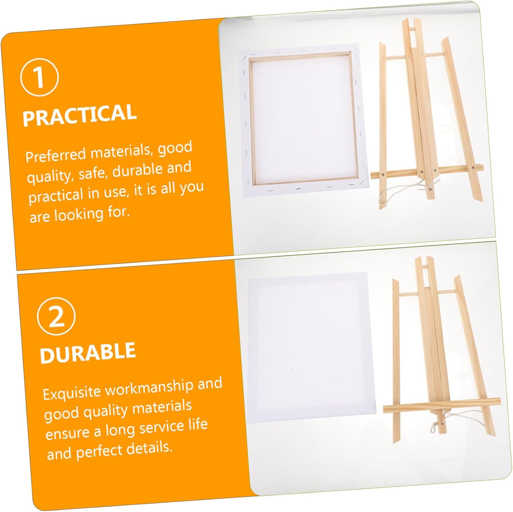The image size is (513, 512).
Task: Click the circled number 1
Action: pos(39,77)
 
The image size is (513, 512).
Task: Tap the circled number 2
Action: pos(56,316)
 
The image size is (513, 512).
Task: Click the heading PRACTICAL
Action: pos(79,115)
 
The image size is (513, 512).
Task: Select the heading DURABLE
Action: pos(88,352)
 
